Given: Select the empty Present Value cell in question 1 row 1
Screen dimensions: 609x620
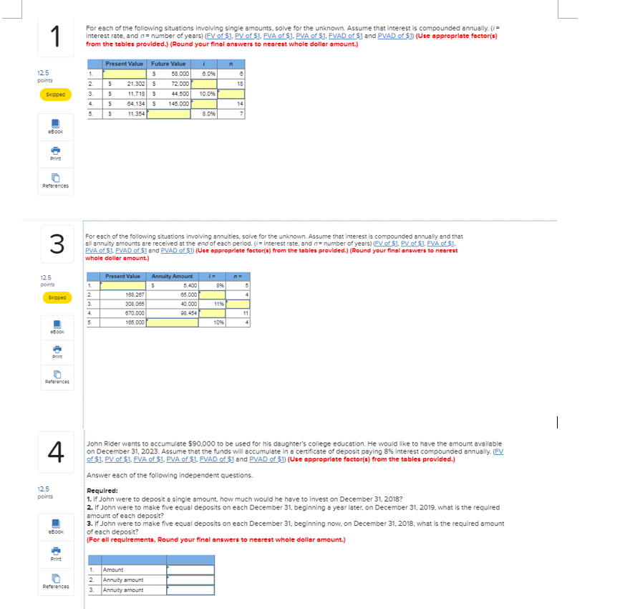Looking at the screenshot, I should tap(125, 74).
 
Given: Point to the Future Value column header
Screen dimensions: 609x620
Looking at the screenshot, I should tap(169, 64).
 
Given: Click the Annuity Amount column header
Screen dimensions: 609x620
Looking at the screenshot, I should tap(172, 277).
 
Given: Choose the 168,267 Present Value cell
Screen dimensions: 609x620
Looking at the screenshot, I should tap(125, 294).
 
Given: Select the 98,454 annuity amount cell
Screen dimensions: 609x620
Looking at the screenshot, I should tap(173, 313).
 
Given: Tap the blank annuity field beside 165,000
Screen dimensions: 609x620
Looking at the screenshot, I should tap(173, 322).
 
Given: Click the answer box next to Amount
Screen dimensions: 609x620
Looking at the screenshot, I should tap(190, 570).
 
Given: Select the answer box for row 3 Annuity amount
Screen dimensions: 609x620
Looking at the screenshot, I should tap(190, 590).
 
